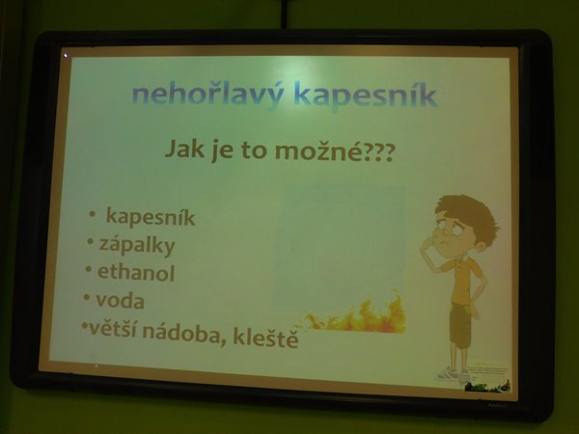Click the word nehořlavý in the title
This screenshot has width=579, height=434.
(x=207, y=95)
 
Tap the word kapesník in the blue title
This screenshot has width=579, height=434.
(x=366, y=95)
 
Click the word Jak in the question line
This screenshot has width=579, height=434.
(x=184, y=149)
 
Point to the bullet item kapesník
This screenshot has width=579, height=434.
(x=151, y=217)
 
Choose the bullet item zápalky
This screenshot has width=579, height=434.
(x=137, y=245)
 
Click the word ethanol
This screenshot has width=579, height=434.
(x=136, y=273)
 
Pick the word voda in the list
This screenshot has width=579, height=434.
(x=120, y=300)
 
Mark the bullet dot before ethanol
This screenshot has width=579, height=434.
(x=89, y=269)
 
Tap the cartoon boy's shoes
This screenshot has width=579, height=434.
(x=453, y=374)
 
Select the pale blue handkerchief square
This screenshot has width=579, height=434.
(x=339, y=247)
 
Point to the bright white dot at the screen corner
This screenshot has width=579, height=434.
(x=66, y=56)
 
